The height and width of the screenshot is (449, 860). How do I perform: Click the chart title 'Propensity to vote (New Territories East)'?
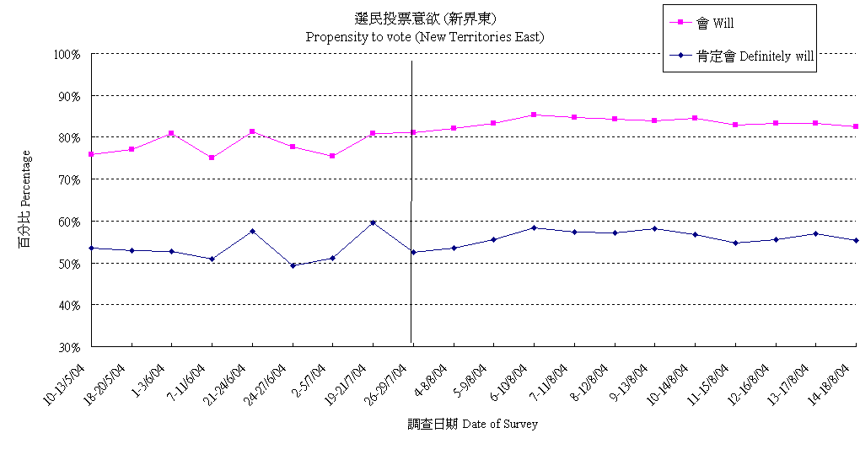tap(424, 37)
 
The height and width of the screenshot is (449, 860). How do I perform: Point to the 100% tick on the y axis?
tap(67, 54)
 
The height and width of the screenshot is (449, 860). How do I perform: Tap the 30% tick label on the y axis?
tap(68, 346)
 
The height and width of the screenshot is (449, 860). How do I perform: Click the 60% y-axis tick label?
tap(68, 221)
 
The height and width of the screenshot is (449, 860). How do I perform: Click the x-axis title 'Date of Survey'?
tap(472, 424)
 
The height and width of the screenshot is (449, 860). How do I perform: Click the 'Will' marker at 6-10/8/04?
tap(534, 115)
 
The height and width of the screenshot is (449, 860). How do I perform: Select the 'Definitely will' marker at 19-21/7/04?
tap(373, 222)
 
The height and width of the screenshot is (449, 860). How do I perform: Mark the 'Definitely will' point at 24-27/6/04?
tap(293, 265)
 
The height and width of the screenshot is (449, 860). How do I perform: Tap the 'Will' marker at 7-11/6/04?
tap(212, 158)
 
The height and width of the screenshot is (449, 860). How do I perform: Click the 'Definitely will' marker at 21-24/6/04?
tap(252, 231)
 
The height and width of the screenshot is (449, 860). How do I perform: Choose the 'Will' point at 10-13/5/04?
tap(91, 154)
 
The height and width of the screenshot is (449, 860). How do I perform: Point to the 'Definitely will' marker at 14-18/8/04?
tap(856, 240)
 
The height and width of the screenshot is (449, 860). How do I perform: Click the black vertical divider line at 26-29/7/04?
tap(411, 295)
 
